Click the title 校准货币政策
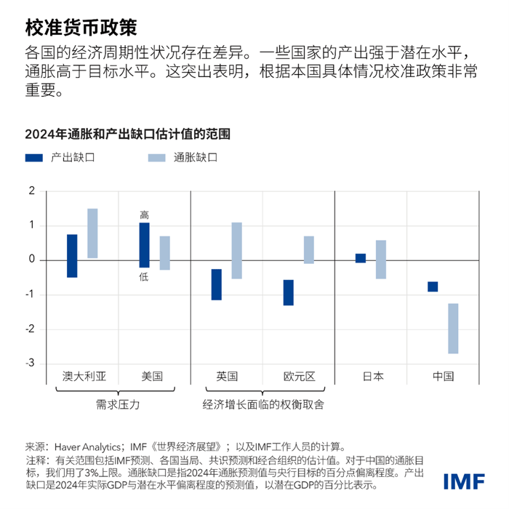point(81,26)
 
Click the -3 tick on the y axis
point(31,364)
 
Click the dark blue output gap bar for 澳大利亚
point(72,256)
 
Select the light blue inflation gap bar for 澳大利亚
point(92,233)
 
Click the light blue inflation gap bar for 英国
point(237,251)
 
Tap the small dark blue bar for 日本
point(360,258)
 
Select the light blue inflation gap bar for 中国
point(453,329)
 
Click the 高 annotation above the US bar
point(144,215)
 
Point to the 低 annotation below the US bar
point(144,276)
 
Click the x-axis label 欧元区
point(299,377)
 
